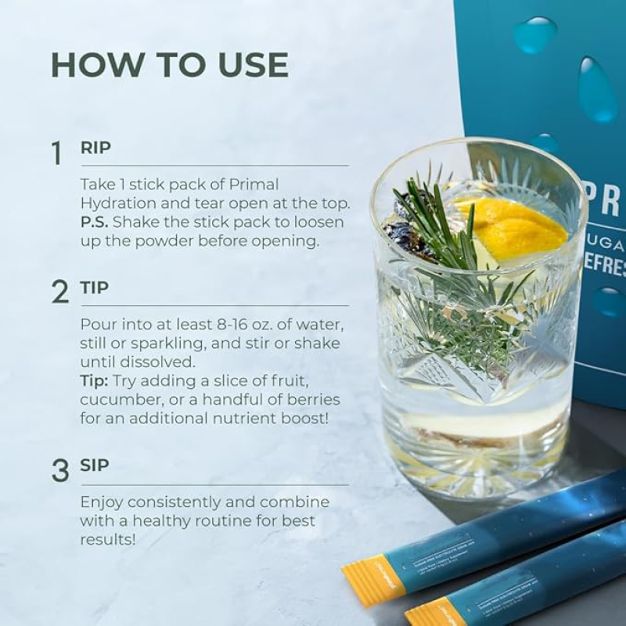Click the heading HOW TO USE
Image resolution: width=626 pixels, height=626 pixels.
170,65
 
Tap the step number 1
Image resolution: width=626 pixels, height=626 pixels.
56,153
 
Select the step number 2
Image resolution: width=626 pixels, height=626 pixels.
59,291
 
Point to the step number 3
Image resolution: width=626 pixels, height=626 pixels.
59,470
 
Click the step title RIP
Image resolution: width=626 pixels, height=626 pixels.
95,148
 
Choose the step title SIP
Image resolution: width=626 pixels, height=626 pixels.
95,466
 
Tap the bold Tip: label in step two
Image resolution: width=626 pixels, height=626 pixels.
95,380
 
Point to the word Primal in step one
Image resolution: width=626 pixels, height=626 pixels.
252,185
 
